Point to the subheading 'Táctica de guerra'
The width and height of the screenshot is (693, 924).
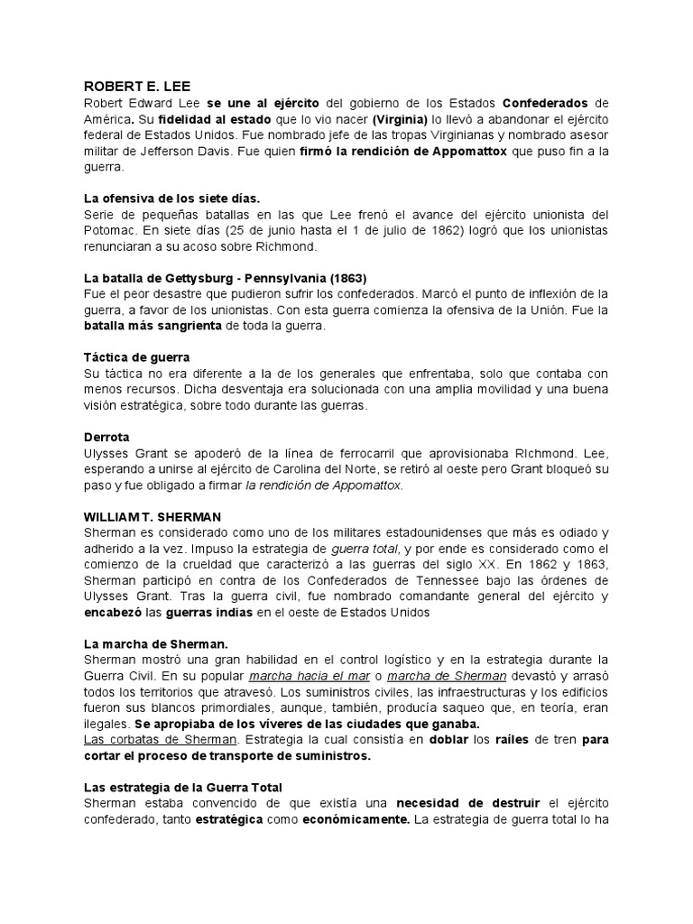pyautogui.click(x=136, y=357)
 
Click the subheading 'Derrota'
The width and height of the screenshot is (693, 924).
pyautogui.click(x=106, y=437)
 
